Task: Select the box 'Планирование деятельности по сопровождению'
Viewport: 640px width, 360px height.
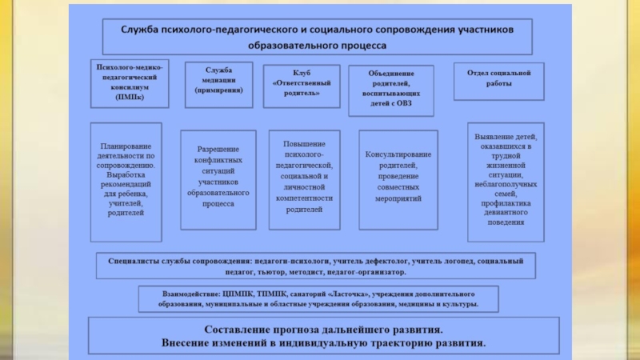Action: [x=126, y=181]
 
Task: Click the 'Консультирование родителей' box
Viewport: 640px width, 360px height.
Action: [x=398, y=174]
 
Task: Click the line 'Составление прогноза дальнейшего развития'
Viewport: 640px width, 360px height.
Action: [x=323, y=330]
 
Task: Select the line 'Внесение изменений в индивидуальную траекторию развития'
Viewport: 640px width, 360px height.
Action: [x=323, y=343]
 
